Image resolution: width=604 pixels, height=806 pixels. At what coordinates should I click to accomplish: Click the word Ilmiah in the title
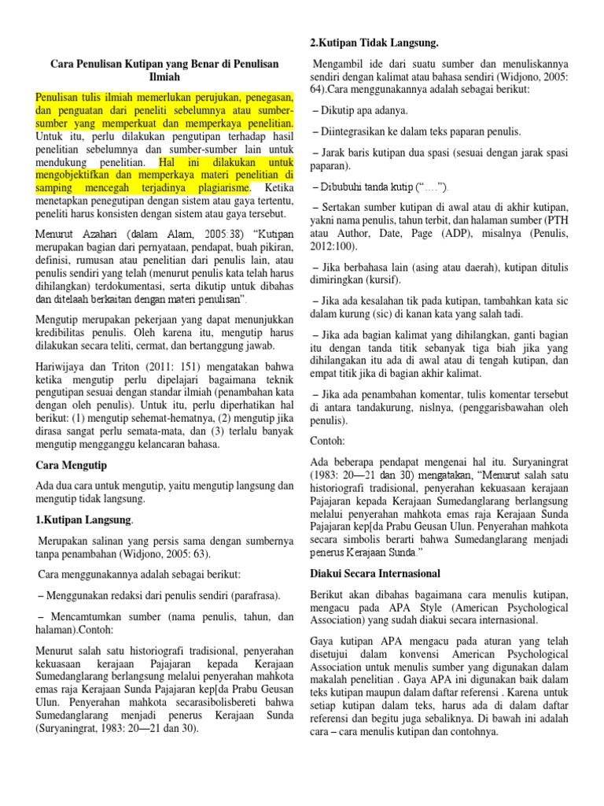click(x=164, y=78)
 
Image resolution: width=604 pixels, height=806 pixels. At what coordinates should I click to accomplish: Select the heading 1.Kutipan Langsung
click(x=84, y=520)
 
